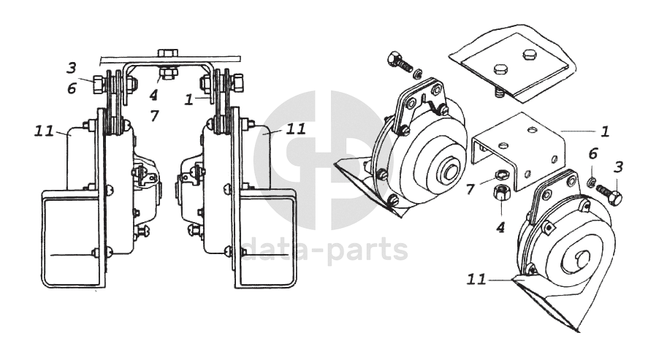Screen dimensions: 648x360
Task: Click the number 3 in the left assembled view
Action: click(x=72, y=68)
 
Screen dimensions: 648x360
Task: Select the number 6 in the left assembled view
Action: click(x=72, y=88)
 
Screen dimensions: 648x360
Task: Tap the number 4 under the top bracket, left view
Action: click(x=153, y=96)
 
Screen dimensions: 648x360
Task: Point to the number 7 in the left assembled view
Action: click(x=155, y=116)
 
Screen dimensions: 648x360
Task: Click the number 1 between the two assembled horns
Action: click(x=189, y=99)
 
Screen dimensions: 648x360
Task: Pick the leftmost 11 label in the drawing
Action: click(x=45, y=131)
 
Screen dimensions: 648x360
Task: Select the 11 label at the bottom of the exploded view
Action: click(x=476, y=280)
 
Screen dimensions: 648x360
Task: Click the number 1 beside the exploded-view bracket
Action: click(x=605, y=131)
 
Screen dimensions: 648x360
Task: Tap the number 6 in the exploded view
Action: click(x=593, y=154)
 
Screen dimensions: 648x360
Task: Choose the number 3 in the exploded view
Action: click(x=618, y=167)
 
